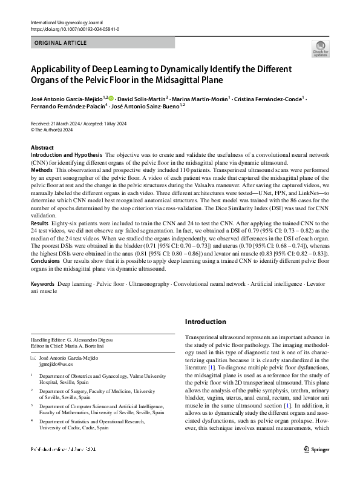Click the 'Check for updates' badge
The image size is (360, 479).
point(320,48)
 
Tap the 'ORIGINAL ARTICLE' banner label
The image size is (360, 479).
point(62,43)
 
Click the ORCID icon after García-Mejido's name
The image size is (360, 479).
point(111,98)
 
